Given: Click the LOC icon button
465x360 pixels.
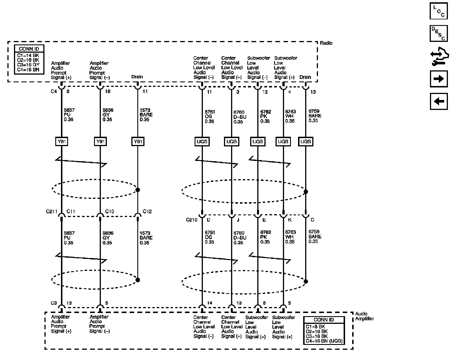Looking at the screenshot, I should pyautogui.click(x=439, y=11).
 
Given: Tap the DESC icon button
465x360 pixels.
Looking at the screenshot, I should pyautogui.click(x=439, y=33).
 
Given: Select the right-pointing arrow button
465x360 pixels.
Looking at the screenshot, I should pyautogui.click(x=439, y=79).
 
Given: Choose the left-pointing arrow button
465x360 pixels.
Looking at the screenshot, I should pyautogui.click(x=439, y=101).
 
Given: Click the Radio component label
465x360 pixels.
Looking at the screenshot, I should pyautogui.click(x=326, y=43).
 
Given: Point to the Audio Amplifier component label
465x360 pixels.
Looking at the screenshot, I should pyautogui.click(x=364, y=316).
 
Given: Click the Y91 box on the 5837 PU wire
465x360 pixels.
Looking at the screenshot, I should pyautogui.click(x=62, y=142).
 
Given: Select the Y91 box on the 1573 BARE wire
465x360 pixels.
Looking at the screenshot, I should pyautogui.click(x=138, y=142).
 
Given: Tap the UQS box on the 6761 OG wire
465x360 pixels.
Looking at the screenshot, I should pyautogui.click(x=202, y=142).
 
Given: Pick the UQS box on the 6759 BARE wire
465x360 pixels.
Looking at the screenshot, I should pyautogui.click(x=305, y=142).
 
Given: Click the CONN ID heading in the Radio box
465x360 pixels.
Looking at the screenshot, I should pyautogui.click(x=29, y=49).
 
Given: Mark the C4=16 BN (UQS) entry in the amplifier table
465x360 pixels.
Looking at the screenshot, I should pyautogui.click(x=324, y=341).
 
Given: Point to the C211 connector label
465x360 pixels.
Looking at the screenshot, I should pyautogui.click(x=52, y=212).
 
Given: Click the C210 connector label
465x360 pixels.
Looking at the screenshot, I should pyautogui.click(x=192, y=220).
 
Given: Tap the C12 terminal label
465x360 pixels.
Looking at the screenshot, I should pyautogui.click(x=147, y=211).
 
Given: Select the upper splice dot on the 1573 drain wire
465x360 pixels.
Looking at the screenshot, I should pyautogui.click(x=138, y=190).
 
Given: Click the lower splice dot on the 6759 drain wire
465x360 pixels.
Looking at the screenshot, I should pyautogui.click(x=306, y=281).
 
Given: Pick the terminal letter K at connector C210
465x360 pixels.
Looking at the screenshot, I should pyautogui.click(x=289, y=220).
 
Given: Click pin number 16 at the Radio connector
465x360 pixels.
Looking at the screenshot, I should pyautogui.click(x=108, y=91).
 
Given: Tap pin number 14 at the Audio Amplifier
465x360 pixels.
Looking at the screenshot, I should pyautogui.click(x=209, y=303).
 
